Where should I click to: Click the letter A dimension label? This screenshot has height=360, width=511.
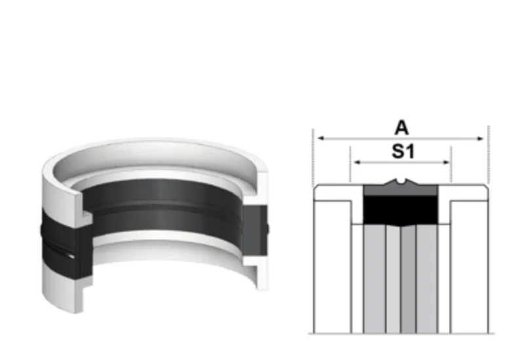(x=402, y=128)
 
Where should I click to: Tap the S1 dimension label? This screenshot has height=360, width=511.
(x=402, y=152)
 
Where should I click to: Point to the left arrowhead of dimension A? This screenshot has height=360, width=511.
(x=321, y=138)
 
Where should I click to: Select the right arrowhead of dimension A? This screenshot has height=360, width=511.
(x=480, y=139)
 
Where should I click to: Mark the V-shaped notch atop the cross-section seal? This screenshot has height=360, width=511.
(x=400, y=180)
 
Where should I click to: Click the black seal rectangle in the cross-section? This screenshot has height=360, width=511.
(x=400, y=210)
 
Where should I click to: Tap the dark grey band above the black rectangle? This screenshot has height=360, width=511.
(x=400, y=190)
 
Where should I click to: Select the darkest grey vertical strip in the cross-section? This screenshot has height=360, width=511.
(x=408, y=279)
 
